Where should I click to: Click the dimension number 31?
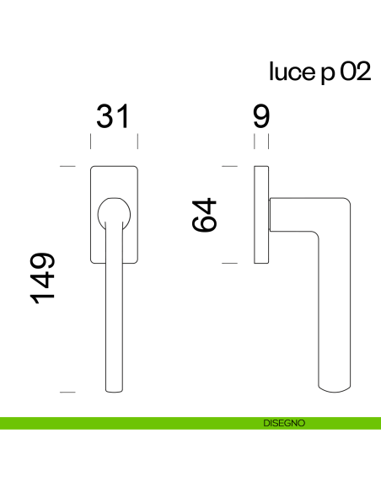(113, 117)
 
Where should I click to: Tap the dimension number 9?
(261, 117)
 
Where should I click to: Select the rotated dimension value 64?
(206, 215)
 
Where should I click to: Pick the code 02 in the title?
(355, 73)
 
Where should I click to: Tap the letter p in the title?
(328, 75)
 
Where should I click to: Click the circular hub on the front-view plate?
(113, 211)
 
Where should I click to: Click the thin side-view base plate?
(261, 215)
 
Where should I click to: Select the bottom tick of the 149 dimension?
(68, 393)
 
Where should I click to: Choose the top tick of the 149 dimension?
(68, 167)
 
